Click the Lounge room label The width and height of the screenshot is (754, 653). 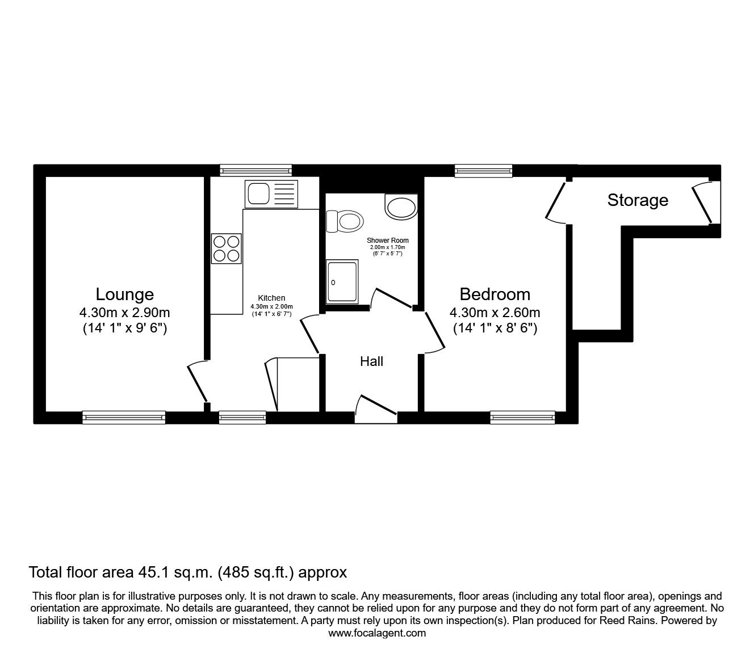124,294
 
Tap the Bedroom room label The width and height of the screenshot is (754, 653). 495,294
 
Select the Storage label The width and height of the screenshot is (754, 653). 638,200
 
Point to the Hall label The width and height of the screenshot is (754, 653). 371,361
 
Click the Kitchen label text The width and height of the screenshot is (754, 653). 271,298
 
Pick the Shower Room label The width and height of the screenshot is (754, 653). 387,241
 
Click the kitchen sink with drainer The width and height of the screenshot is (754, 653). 271,193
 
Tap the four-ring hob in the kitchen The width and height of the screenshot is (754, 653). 226,248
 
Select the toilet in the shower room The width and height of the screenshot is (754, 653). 345,221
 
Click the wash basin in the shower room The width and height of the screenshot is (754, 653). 401,207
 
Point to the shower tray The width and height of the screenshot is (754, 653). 342,281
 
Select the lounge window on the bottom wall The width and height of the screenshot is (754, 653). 124,418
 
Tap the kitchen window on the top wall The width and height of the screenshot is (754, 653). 255,170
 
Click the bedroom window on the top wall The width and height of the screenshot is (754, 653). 483,170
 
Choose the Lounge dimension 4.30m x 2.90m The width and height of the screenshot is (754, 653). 124,313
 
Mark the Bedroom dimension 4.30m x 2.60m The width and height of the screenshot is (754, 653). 495,313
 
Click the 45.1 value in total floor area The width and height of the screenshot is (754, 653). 150,572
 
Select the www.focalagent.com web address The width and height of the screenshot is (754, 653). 377,633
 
